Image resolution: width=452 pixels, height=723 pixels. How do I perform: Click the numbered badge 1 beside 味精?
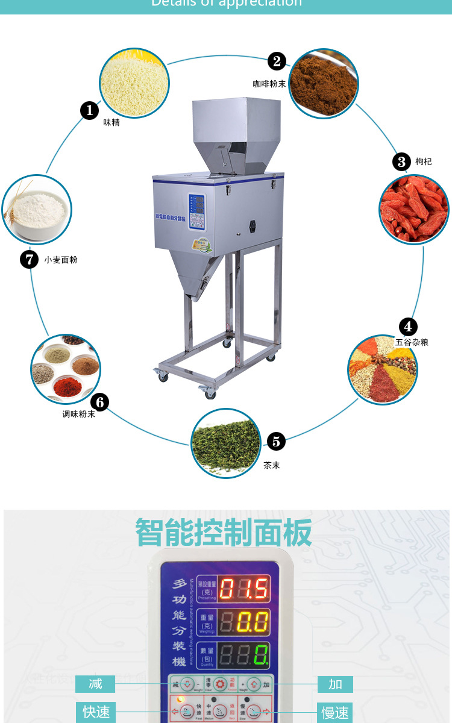(x=90, y=110)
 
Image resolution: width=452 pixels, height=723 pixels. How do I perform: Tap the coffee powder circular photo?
(x=324, y=83)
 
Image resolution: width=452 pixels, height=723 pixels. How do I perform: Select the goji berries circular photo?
(x=414, y=208)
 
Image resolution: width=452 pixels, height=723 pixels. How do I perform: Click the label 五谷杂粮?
(x=412, y=342)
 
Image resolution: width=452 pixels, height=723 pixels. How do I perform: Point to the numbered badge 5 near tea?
(x=275, y=441)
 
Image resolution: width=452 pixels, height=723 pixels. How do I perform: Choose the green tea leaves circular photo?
(x=226, y=443)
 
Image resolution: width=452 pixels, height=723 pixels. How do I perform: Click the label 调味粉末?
(x=78, y=415)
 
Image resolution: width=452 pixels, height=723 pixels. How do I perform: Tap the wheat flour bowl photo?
(x=37, y=209)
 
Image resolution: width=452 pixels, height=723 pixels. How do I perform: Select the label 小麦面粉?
(x=60, y=260)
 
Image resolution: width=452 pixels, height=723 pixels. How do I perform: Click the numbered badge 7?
(x=29, y=260)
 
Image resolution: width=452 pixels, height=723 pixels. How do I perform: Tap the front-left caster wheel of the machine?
(x=163, y=376)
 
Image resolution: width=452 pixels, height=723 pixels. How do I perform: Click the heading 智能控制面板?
(x=224, y=532)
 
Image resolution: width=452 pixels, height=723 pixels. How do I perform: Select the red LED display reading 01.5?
(x=243, y=589)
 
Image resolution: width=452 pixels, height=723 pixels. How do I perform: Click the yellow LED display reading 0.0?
(x=243, y=622)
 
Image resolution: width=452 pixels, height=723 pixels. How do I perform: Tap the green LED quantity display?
(x=243, y=655)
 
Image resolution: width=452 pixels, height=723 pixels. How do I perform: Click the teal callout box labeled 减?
(x=95, y=684)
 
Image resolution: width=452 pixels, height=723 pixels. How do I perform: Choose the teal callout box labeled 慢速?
(x=334, y=713)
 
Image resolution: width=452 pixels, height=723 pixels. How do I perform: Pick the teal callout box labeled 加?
(x=335, y=684)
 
